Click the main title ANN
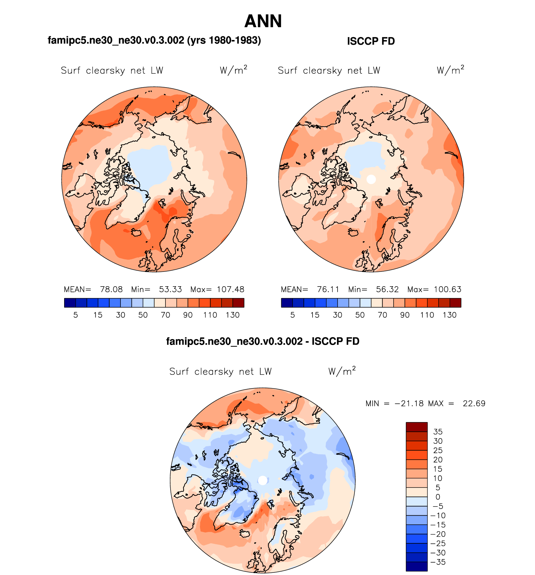tap(263, 21)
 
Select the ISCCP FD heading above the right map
tap(371, 41)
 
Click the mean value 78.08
tap(111, 289)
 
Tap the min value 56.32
tap(387, 289)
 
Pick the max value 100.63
tap(447, 289)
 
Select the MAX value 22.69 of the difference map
tap(474, 403)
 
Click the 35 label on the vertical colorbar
tap(438, 432)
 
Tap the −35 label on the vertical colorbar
tap(438, 562)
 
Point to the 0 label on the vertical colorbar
tap(438, 497)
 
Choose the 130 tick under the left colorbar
tap(232, 315)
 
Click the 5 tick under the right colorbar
tap(293, 315)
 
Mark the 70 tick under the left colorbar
tap(165, 315)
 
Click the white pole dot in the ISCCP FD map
tap(371, 179)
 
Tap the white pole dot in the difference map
tap(263, 480)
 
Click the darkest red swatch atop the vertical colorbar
tap(416, 427)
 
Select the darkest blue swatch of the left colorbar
tap(70, 303)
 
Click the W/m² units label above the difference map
tap(342, 371)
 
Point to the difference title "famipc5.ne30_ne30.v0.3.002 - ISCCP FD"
tap(262, 341)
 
